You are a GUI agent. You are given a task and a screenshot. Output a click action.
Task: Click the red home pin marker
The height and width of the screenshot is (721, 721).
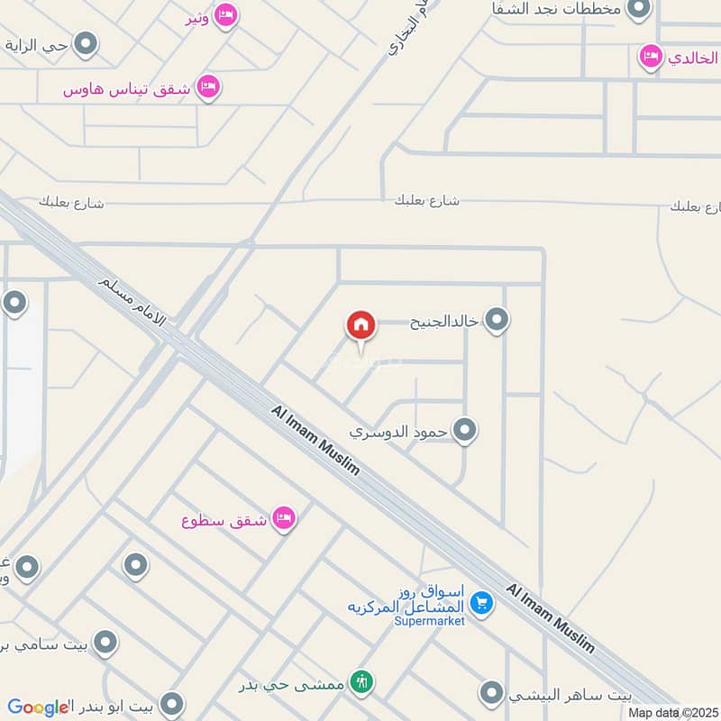(x=360, y=325)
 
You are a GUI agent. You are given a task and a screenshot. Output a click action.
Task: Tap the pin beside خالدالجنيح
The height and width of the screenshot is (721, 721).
(x=497, y=319)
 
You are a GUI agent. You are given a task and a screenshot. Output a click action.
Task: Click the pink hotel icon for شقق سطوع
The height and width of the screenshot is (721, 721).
(x=285, y=518)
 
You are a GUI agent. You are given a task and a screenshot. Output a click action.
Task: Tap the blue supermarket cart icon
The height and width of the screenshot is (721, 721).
(x=481, y=603)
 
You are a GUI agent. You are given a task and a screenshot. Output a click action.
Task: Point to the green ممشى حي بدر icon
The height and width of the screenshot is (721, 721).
(x=362, y=682)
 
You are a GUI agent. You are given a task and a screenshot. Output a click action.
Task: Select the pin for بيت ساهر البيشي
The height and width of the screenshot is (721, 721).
(x=491, y=693)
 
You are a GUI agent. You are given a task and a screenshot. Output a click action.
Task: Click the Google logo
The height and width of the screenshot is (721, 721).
(x=38, y=707)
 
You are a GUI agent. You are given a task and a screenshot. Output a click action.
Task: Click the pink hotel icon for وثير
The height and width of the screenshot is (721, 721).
(x=226, y=14)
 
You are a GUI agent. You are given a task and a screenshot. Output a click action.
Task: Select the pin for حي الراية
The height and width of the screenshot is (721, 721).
(x=86, y=43)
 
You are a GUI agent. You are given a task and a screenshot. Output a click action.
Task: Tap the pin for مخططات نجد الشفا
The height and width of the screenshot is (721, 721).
(x=639, y=9)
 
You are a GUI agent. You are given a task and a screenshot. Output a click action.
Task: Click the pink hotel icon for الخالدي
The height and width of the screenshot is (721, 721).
(x=650, y=57)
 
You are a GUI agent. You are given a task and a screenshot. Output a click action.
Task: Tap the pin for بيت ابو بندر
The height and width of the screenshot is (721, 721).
(x=171, y=704)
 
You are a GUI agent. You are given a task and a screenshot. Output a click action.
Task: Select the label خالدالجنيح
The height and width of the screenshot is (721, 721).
(x=443, y=321)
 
